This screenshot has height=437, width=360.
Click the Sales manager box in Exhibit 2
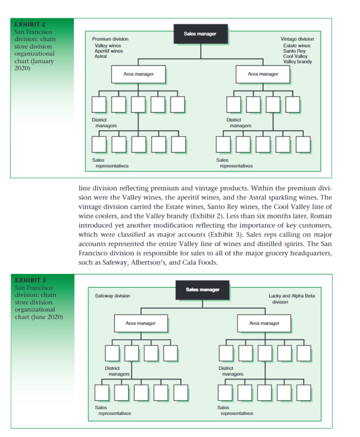point(200,34)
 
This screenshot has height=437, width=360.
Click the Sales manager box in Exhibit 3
point(203,290)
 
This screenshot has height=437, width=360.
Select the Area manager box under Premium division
point(139,74)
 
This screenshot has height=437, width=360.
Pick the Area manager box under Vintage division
point(263,74)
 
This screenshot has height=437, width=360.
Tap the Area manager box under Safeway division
point(140,323)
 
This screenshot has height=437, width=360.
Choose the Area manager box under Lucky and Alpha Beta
point(264,323)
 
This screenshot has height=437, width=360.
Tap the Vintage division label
point(297,39)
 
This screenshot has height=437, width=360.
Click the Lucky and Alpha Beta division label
point(292,296)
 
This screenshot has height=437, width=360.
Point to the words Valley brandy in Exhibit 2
point(297,61)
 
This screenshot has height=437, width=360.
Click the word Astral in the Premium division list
point(101,56)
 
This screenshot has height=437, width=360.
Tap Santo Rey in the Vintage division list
point(294,51)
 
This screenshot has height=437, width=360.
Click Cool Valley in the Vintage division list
point(295,56)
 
